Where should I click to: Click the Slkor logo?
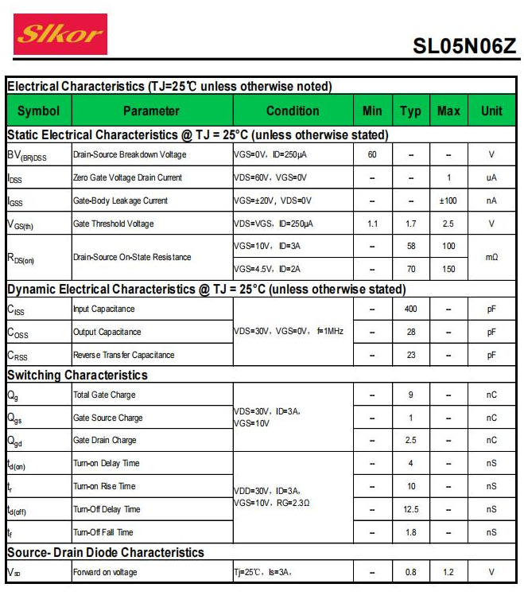(60, 33)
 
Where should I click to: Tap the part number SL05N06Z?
(464, 45)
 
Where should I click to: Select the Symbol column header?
(38, 111)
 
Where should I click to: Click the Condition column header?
(293, 111)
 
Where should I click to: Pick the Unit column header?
(491, 111)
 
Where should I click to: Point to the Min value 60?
(372, 154)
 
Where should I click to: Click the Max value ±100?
(448, 200)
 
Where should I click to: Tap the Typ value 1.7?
(411, 224)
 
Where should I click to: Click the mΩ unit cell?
(491, 257)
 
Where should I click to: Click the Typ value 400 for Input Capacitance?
(411, 309)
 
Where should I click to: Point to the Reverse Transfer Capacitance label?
(123, 355)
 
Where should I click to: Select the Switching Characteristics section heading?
(77, 375)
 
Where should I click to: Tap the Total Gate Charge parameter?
(104, 395)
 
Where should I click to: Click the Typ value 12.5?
(411, 509)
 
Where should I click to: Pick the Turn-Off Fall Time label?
(103, 532)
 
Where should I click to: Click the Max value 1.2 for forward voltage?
(448, 572)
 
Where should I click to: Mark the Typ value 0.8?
(411, 572)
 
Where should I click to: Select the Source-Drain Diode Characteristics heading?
(106, 552)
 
